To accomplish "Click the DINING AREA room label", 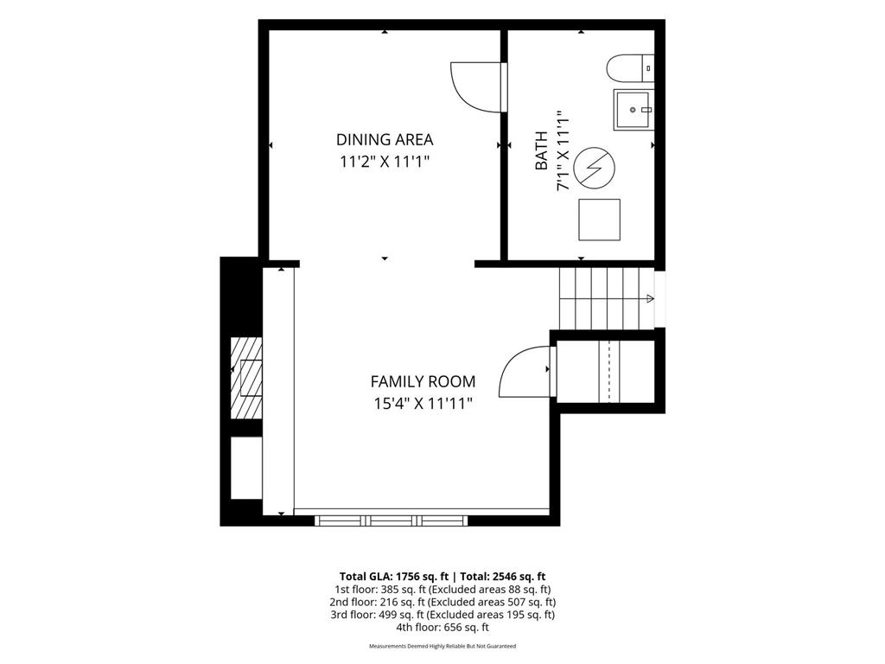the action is point(385,139).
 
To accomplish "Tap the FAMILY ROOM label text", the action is point(423,381).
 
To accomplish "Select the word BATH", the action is point(541,150).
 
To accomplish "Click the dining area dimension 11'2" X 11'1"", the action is point(385,162).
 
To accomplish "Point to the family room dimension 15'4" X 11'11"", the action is point(423,404).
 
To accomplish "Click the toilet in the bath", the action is point(630,67).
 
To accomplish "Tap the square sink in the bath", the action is point(634,110).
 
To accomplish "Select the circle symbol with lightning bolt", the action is point(595,168).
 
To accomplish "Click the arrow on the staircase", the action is point(650,298).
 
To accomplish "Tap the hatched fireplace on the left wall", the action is point(246,378).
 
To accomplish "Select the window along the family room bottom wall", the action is point(392,520).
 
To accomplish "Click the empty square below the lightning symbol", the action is point(600,220).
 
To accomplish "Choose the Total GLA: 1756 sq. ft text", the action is point(393,577).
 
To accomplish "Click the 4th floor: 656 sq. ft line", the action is point(442,627).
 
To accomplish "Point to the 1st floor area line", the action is point(442,590).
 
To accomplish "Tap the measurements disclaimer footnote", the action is point(442,646).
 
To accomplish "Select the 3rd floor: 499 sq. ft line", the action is point(442,615).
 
